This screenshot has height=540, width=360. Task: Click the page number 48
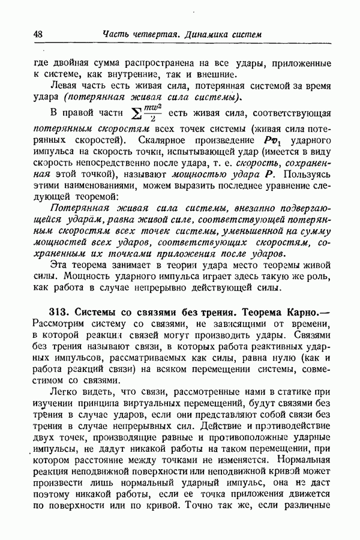[37, 34]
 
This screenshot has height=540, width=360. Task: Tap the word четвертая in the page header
[153, 34]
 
